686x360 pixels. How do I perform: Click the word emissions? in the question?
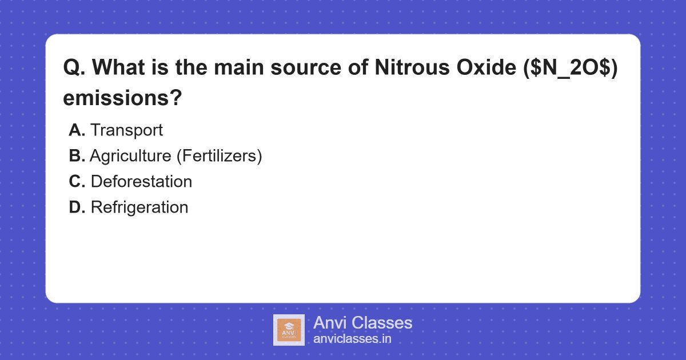coord(122,98)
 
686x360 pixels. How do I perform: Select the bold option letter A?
coord(77,130)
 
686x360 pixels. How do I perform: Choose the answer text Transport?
coord(126,130)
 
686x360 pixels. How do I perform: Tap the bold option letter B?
coord(77,156)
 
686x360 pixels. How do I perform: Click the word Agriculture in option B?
coord(130,156)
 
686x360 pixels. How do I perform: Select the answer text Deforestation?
coord(141,182)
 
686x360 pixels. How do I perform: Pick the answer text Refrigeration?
coord(139,207)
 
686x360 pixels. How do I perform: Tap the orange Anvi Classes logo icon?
coord(289,330)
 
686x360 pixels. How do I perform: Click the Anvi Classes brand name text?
coord(362,323)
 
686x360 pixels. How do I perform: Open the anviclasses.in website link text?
coord(352,339)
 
